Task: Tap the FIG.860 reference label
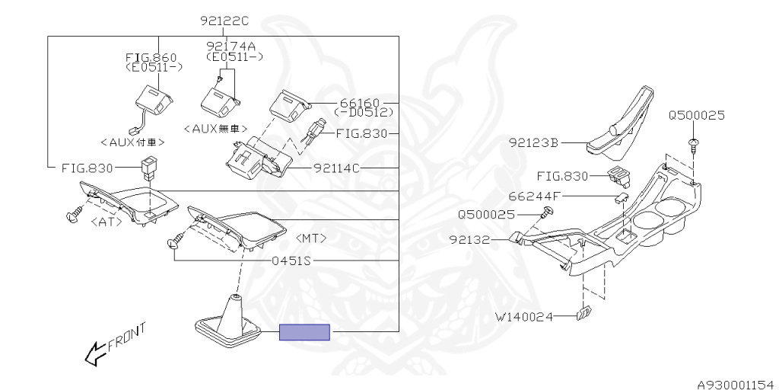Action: tap(151, 57)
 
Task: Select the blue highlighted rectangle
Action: tap(304, 332)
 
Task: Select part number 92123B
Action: tap(535, 142)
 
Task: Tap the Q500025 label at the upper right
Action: tap(697, 116)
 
